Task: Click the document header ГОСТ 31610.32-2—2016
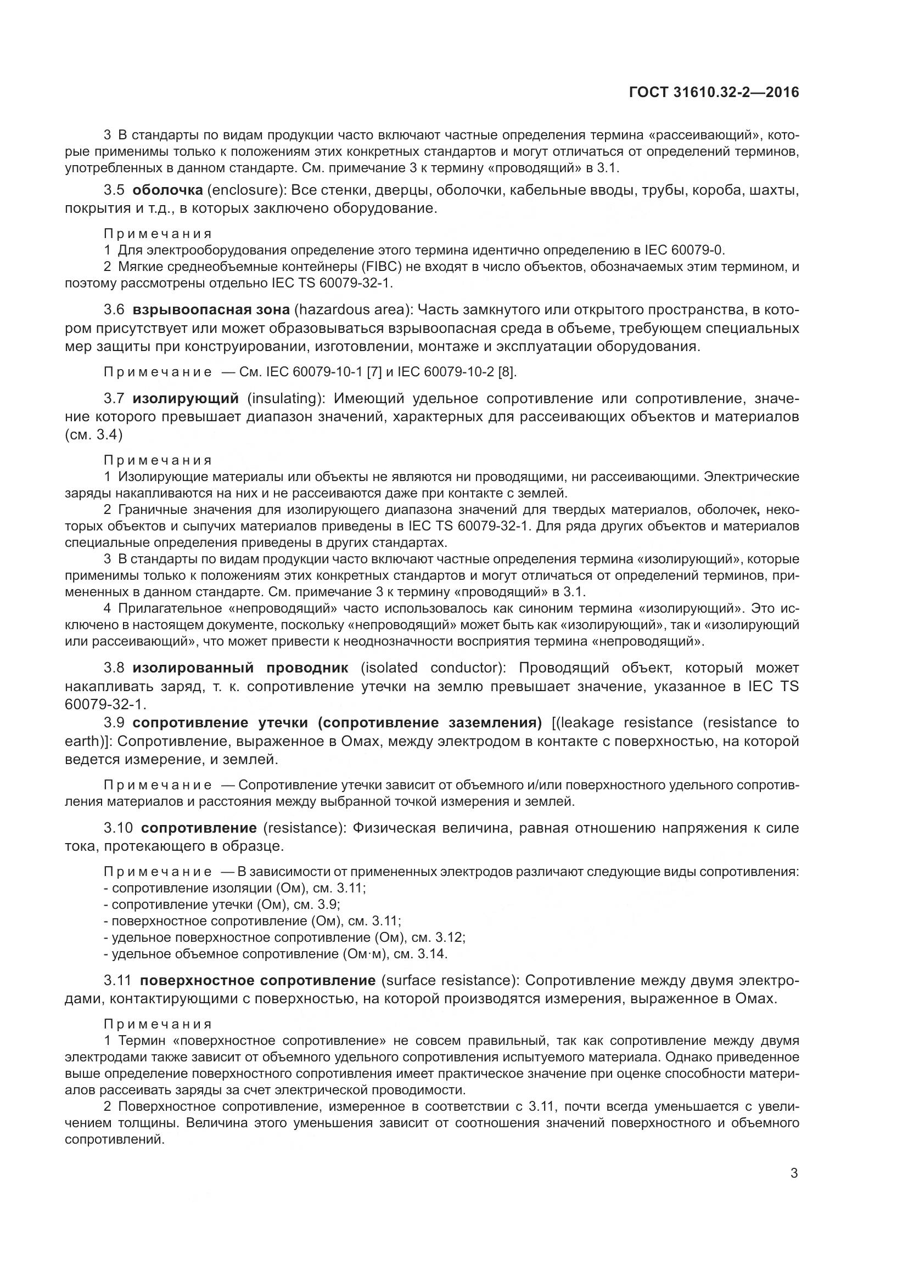[x=714, y=92]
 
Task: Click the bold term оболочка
[x=167, y=190]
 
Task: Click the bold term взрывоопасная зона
[x=211, y=309]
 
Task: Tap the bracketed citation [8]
[x=507, y=371]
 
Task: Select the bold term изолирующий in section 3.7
[x=185, y=398]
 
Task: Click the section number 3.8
[x=115, y=668]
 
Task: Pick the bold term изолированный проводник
[x=240, y=668]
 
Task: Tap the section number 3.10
[x=118, y=828]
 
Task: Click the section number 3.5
[x=114, y=190]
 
